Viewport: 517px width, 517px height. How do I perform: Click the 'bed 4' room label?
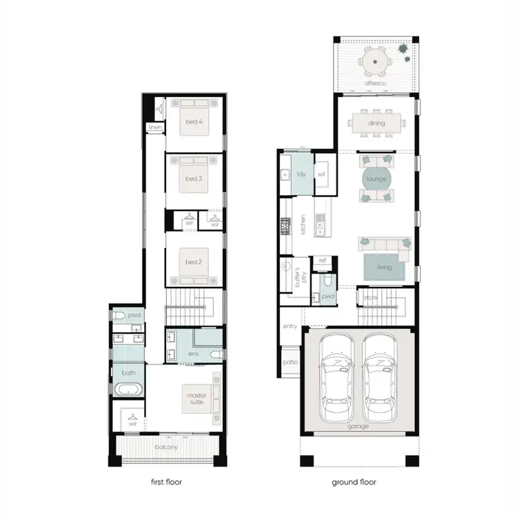pos(194,122)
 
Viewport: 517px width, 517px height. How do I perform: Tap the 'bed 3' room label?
pos(194,179)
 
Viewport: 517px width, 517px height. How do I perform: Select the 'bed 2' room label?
pos(194,261)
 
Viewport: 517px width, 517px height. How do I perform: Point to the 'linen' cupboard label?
pos(156,128)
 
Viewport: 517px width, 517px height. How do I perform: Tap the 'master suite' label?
pos(196,398)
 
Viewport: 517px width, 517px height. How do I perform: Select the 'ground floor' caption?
pos(354,482)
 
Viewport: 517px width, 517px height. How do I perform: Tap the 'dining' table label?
pos(376,124)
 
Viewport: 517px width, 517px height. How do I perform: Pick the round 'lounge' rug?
pos(376,179)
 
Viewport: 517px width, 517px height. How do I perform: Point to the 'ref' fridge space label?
pos(322,261)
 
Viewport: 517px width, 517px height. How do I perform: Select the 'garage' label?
pos(358,426)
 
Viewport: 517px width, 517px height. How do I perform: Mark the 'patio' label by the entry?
pos(289,361)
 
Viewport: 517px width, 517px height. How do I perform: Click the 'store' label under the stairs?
pos(371,298)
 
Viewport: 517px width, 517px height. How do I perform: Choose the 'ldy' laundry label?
pos(301,174)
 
